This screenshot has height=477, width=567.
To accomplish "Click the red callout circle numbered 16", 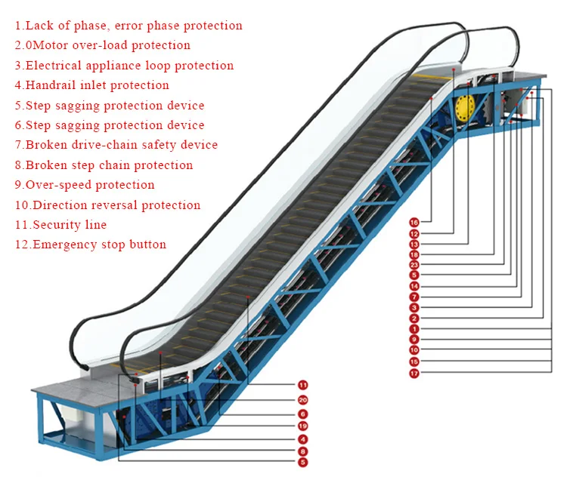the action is tap(414, 223).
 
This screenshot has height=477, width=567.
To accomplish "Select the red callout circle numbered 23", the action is tap(414, 265).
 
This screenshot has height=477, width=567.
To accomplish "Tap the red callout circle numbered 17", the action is tap(414, 372).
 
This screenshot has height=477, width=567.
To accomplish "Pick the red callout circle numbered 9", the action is tap(414, 340).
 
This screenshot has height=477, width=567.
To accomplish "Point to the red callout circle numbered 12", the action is tap(414, 234).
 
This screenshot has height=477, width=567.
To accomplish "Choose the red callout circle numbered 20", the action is tap(302, 400).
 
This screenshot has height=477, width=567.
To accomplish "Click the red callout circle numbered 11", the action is tap(302, 384).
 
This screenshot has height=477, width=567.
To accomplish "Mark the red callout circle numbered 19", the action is tap(302, 426).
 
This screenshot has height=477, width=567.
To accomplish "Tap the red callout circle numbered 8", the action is tap(302, 451).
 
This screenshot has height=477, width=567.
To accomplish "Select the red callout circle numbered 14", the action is tap(414, 286).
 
